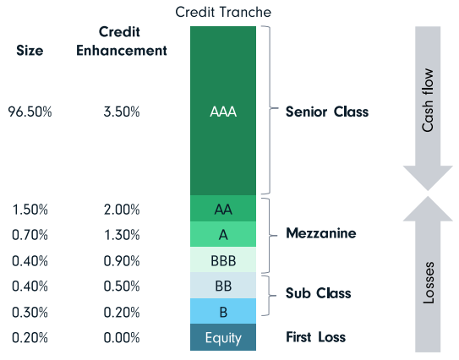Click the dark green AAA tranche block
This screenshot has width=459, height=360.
(223, 111)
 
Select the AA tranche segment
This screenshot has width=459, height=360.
(223, 209)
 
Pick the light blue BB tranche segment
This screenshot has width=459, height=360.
(223, 285)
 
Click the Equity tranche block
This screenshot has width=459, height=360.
(223, 337)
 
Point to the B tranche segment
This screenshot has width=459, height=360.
(223, 312)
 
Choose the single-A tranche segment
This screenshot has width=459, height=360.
(223, 234)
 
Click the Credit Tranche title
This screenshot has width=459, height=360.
(223, 12)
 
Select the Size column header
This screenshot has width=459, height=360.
(30, 50)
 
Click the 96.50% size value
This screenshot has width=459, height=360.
(30, 112)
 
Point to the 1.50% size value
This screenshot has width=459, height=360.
(30, 209)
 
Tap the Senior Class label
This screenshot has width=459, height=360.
(326, 112)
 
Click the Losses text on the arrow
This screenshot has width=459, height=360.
(429, 287)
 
